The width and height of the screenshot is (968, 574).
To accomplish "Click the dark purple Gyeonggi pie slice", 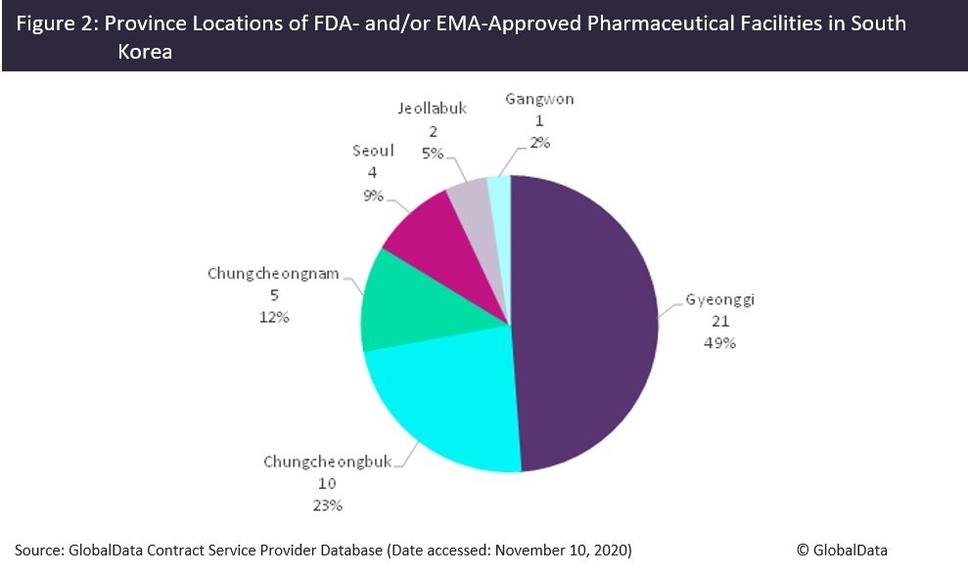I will (587, 323).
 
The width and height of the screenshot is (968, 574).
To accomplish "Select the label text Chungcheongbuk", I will (326, 462).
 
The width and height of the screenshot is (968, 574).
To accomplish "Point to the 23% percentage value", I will (327, 505).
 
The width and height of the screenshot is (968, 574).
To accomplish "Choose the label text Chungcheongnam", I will (273, 274).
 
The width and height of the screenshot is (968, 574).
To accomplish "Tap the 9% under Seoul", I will (372, 194).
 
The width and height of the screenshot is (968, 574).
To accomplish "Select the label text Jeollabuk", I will (433, 109).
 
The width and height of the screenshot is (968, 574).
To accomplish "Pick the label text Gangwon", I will (540, 99).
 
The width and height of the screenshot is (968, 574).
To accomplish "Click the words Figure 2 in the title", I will (59, 23).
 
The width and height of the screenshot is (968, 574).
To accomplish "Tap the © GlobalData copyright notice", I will (842, 550).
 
